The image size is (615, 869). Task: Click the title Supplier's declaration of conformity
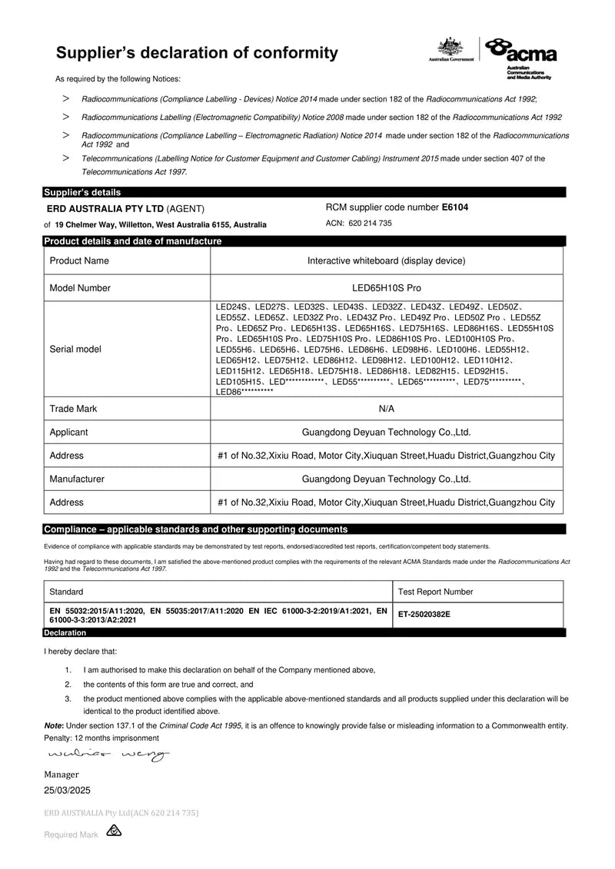point(197,53)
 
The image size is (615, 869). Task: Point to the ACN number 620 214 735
point(371,223)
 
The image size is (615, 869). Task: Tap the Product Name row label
point(79,260)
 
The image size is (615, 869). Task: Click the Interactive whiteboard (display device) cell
point(386,260)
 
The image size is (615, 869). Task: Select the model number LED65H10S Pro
point(386,288)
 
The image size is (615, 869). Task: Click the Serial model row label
point(75,349)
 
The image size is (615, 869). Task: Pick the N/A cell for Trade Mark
point(387,409)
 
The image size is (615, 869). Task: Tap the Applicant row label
point(68,433)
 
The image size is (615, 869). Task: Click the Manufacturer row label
point(77,479)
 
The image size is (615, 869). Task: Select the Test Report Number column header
point(435,592)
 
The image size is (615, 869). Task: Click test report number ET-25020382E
point(424,615)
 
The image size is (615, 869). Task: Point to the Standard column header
point(66,592)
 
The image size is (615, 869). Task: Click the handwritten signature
point(108,755)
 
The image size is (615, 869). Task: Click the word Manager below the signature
point(61,774)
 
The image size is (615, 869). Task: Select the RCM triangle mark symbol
point(114,831)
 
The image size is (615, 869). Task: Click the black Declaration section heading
point(65,632)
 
